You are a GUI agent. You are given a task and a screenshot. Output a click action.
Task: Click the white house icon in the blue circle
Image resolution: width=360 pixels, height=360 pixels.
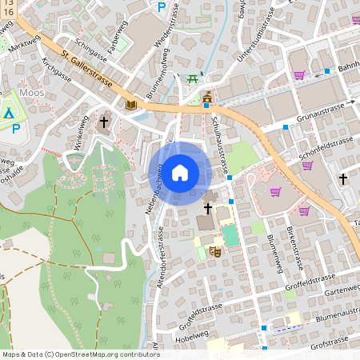click(180, 172)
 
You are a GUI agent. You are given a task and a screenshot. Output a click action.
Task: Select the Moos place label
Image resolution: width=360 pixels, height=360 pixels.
click(31, 93)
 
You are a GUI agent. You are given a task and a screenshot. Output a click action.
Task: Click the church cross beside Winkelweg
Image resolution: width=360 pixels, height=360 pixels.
click(104, 122)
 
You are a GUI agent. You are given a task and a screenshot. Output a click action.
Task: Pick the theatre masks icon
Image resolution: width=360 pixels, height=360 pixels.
click(214, 251)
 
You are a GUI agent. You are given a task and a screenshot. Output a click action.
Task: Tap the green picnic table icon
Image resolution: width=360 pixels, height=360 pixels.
click(192, 78)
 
